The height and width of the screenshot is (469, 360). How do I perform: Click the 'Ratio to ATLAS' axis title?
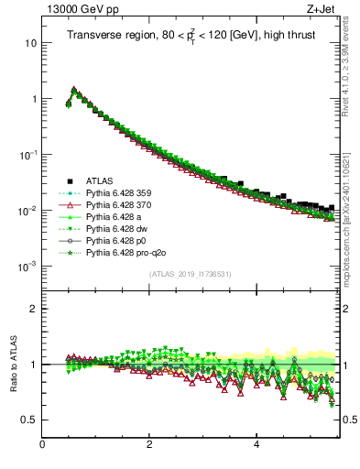[x=15, y=365]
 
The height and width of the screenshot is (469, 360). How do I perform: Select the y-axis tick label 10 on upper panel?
[x=29, y=43]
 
